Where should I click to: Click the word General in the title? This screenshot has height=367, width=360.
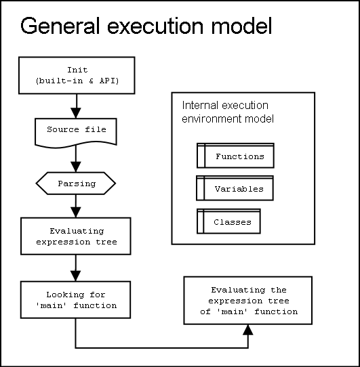60,26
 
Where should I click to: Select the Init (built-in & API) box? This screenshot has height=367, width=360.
77,75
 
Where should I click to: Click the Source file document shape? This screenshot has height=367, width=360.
76,133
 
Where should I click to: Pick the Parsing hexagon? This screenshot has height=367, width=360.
76,183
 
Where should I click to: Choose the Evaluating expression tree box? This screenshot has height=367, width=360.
76,236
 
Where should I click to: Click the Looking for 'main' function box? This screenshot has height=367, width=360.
75,300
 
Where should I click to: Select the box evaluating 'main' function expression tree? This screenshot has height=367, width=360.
248,301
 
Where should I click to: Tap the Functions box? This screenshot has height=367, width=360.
235,156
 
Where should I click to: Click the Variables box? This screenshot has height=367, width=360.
235,188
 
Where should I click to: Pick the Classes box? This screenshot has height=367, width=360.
228,221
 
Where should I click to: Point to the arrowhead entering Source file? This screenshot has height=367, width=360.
76,113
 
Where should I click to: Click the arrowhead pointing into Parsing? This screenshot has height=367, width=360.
76,167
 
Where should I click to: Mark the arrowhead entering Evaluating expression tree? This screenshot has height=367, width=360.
76,213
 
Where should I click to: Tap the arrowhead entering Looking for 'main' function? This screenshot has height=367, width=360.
75,276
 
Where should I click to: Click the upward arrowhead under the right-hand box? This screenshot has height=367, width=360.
248,330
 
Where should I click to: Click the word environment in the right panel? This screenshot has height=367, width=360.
212,118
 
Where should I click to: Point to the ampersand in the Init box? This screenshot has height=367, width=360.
92,81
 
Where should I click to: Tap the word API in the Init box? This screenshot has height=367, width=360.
107,81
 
